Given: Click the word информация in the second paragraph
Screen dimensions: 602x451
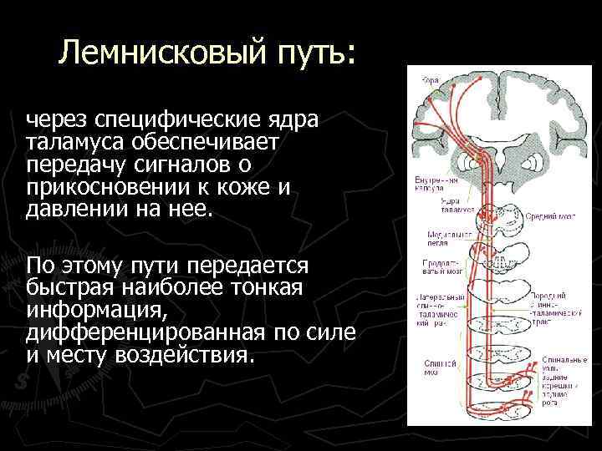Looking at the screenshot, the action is (97, 310).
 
